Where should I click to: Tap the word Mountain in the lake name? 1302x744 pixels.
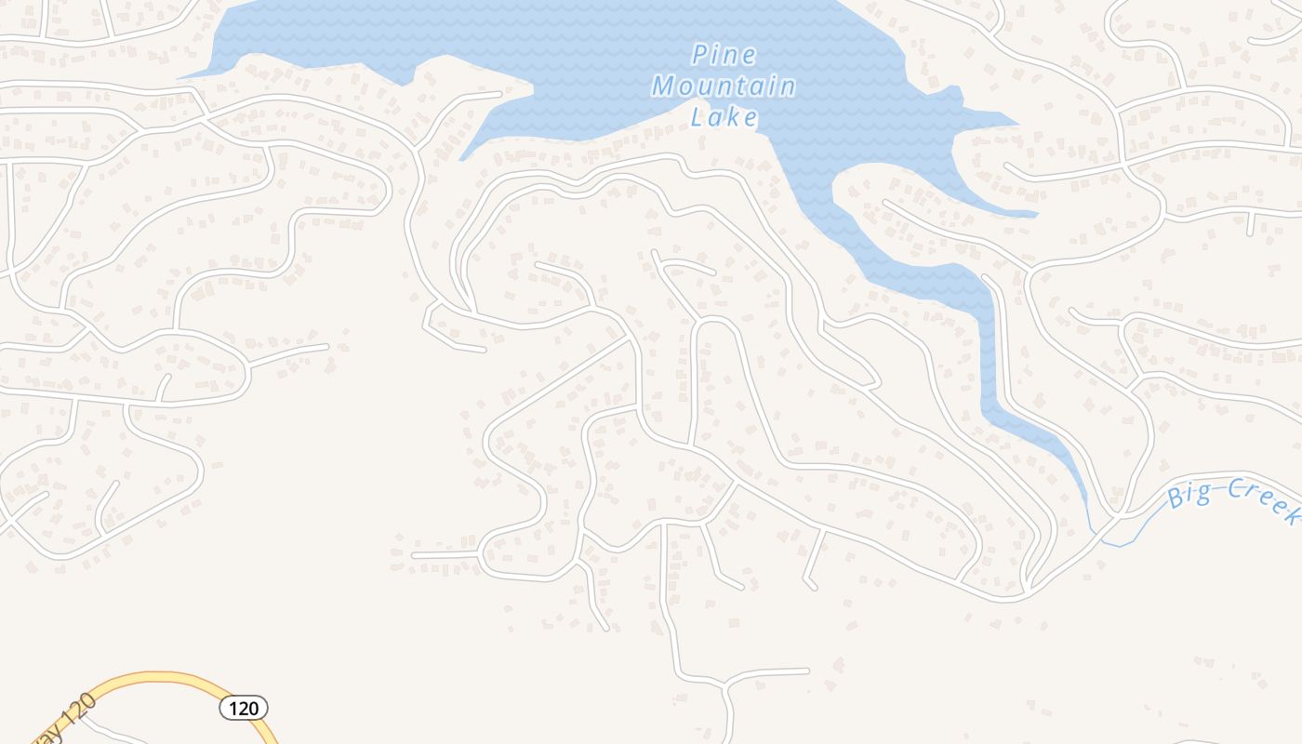(724, 87)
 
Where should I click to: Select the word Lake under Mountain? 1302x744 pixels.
(724, 118)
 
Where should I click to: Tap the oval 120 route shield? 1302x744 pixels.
(244, 709)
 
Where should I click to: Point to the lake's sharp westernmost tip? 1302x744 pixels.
(180, 77)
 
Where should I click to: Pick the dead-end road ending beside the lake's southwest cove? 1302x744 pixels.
(484, 95)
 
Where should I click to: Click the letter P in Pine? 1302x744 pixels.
(697, 56)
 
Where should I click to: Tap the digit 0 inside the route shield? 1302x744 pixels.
(253, 709)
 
